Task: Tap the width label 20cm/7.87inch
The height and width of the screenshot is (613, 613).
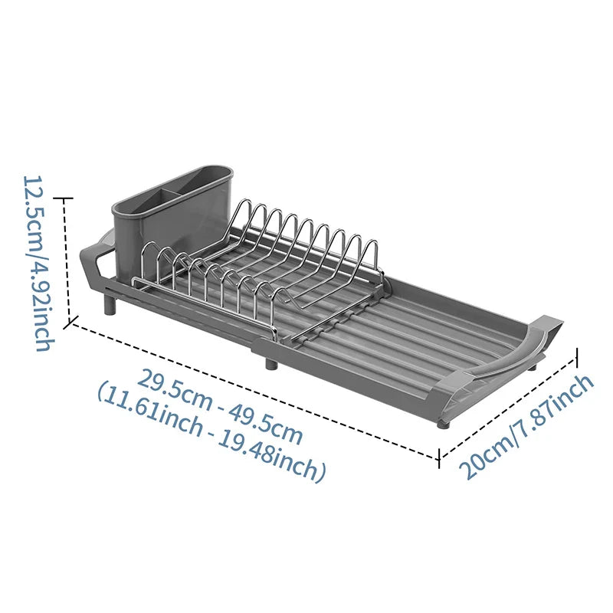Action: pyautogui.click(x=526, y=426)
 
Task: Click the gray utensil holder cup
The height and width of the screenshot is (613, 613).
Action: pyautogui.click(x=172, y=219)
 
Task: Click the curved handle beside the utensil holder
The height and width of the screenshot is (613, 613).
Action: pyautogui.click(x=95, y=260)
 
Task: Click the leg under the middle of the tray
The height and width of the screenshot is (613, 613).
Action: pyautogui.click(x=271, y=362)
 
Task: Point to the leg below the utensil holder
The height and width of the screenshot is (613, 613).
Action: pyautogui.click(x=110, y=305)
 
